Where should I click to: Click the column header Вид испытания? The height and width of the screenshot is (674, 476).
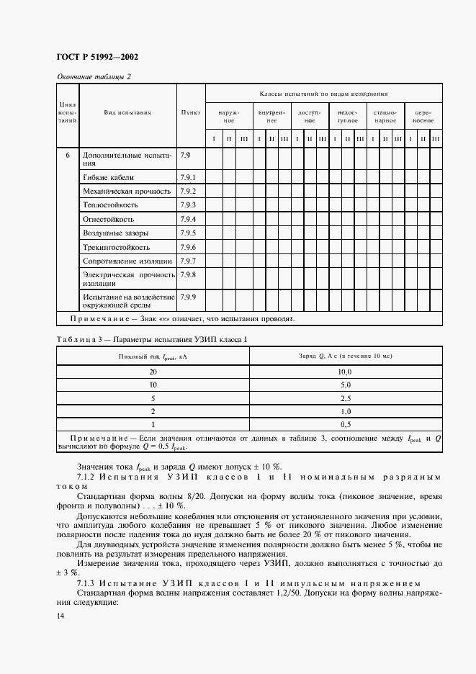point(127,113)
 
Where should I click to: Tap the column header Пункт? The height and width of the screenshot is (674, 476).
point(191,113)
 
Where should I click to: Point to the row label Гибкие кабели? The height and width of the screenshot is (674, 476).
point(109,177)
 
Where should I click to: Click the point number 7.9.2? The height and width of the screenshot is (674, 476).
point(188,191)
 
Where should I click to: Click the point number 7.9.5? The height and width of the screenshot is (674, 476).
point(188,233)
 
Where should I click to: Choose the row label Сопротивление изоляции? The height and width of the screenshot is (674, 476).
point(127,261)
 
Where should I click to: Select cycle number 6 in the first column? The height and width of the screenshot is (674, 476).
point(68,156)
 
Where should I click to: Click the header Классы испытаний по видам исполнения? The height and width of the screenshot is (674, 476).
point(324,94)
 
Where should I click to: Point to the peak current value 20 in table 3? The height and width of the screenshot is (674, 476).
point(153,372)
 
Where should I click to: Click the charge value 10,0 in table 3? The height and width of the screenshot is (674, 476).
point(346,372)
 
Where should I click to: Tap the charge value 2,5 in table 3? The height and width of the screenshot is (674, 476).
point(346,398)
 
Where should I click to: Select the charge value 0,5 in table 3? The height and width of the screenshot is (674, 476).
point(346,424)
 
